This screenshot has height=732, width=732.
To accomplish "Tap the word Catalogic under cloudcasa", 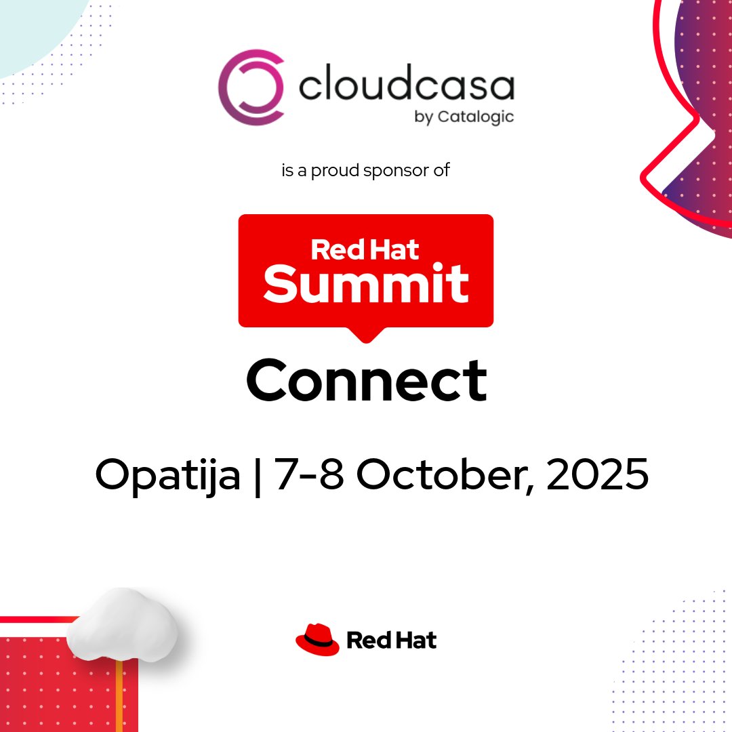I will tap(474, 117).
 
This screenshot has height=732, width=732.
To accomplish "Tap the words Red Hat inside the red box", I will tap(365, 249).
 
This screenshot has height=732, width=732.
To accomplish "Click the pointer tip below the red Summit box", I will tap(366, 336).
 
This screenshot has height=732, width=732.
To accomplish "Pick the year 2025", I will tap(597, 475).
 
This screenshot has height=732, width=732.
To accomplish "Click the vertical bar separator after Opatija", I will tap(258, 476).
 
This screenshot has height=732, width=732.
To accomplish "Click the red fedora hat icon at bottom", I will tap(317, 640).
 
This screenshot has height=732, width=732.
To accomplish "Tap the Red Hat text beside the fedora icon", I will tap(392, 640).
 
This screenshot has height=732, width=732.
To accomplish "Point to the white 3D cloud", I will tap(123, 624).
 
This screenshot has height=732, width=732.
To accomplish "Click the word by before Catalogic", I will tap(423, 117).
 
